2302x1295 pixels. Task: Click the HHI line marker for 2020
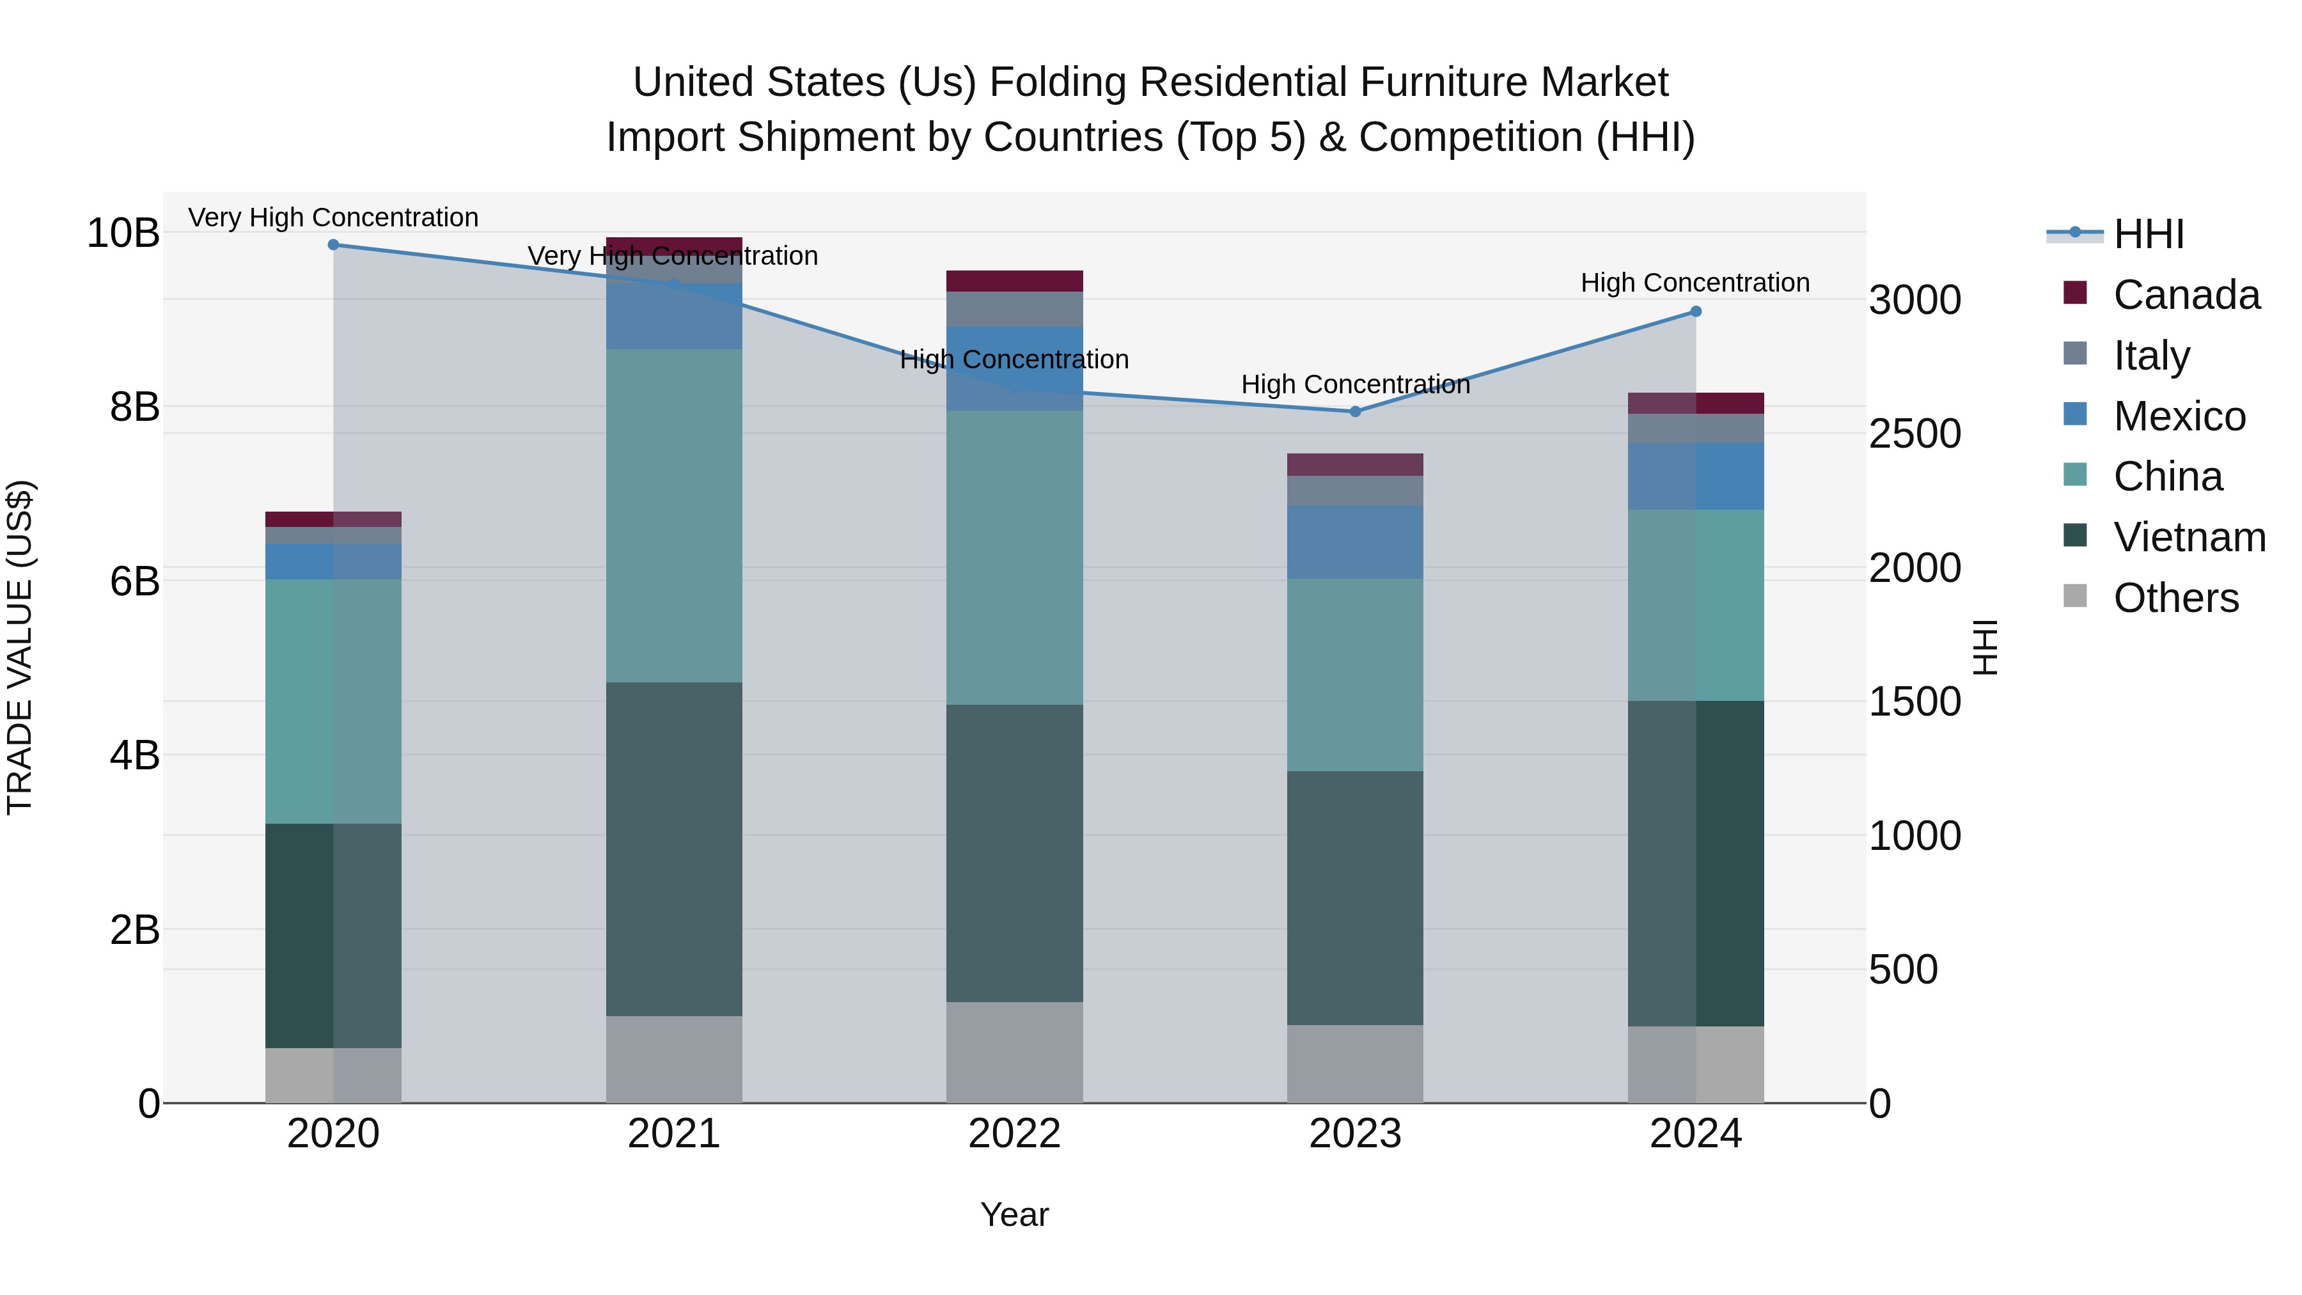pyautogui.click(x=333, y=245)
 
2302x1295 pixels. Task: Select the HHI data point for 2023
pyautogui.click(x=1355, y=412)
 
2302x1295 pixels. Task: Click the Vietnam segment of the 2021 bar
pyautogui.click(x=674, y=849)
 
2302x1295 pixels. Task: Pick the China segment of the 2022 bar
pyautogui.click(x=1014, y=558)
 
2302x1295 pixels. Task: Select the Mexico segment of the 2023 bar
pyautogui.click(x=1355, y=542)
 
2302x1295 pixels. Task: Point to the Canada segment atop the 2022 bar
pyautogui.click(x=1014, y=281)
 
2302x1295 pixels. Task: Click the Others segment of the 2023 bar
pyautogui.click(x=1355, y=1063)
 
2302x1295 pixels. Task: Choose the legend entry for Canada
pyautogui.click(x=2185, y=295)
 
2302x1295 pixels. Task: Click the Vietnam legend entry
pyautogui.click(x=2189, y=537)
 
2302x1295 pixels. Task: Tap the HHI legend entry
pyautogui.click(x=2149, y=234)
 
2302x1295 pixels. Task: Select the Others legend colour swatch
pyautogui.click(x=2075, y=596)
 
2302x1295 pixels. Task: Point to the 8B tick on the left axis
pyautogui.click(x=134, y=407)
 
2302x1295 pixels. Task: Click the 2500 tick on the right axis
pyautogui.click(x=1914, y=434)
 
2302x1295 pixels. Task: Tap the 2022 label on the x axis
pyautogui.click(x=1014, y=1134)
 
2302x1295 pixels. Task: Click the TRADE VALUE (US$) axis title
pyautogui.click(x=20, y=647)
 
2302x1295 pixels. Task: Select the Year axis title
pyautogui.click(x=1014, y=1214)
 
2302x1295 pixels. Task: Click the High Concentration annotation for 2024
pyautogui.click(x=1695, y=283)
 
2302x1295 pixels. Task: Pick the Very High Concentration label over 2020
pyautogui.click(x=333, y=218)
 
